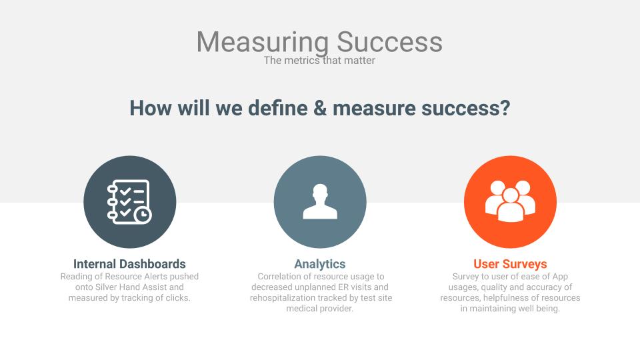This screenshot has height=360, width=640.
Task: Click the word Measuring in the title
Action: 263,43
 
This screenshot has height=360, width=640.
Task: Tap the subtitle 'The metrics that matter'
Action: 319,61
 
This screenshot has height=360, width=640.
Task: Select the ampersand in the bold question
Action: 321,108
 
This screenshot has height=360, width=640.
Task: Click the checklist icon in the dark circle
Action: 129,201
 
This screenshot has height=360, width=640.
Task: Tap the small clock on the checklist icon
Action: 143,215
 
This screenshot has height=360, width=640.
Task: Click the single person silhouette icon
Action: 320,201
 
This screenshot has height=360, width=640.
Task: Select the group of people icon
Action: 510,201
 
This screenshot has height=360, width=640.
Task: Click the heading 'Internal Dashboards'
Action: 129,264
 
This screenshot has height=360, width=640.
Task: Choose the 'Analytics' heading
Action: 320,265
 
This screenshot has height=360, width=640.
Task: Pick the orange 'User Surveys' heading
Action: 510,265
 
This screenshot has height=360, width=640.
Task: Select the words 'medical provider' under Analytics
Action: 319,309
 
